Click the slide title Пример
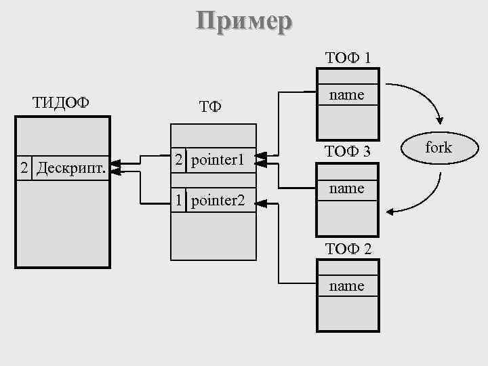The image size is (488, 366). tap(244, 20)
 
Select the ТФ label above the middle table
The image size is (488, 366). tap(210, 107)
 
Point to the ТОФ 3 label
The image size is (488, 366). tap(347, 151)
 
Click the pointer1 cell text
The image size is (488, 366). tap(217, 160)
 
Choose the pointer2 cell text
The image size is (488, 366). tap(217, 200)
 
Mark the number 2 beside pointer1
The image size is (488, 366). tap(178, 160)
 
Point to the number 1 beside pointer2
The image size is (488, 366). tap(178, 200)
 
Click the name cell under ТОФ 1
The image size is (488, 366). tap(347, 95)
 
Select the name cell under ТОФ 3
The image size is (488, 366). tap(347, 188)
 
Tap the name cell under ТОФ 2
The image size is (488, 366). tap(347, 286)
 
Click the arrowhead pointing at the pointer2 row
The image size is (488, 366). tap(262, 202)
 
